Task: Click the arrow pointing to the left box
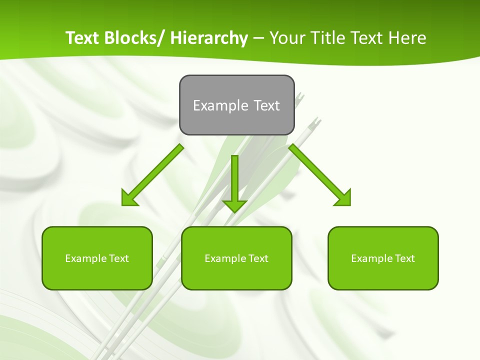[x=153, y=175]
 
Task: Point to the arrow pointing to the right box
[x=319, y=175]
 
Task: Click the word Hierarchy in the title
[x=209, y=38]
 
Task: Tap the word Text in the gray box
[x=266, y=105]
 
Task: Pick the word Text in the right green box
[x=404, y=258]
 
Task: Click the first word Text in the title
[x=82, y=38]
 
